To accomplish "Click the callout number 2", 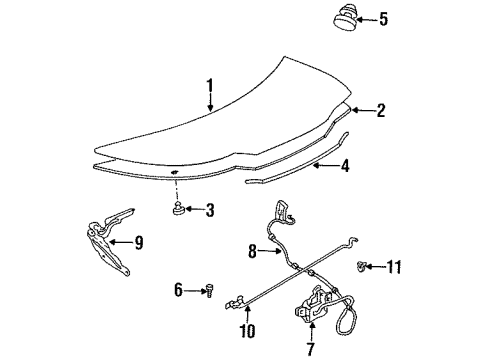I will click(x=380, y=111).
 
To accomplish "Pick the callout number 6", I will click(x=179, y=289).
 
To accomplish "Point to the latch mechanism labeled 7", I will click(x=316, y=312).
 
